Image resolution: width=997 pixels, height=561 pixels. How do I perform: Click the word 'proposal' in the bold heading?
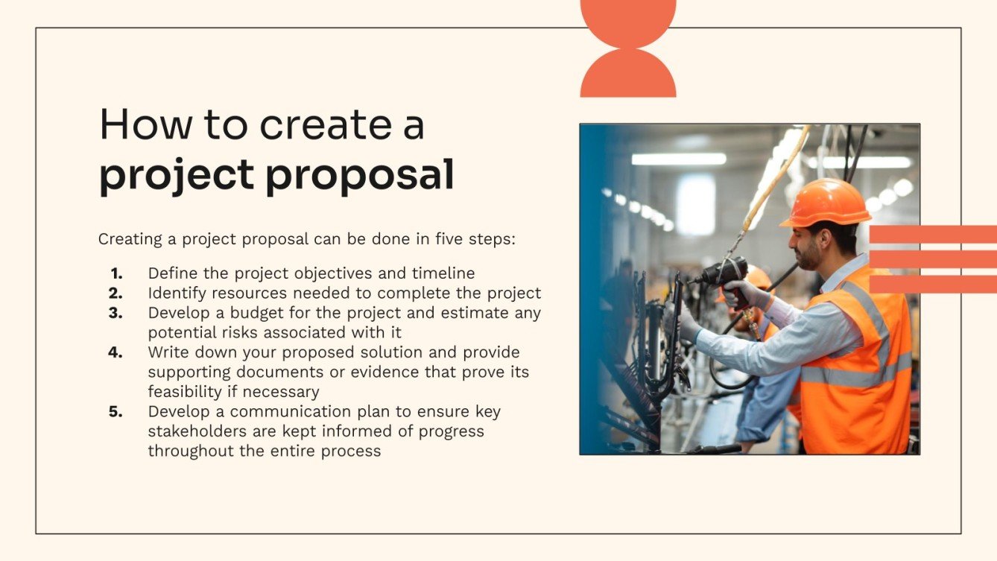coord(360,176)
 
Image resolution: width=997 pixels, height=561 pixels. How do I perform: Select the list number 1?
coord(116,273)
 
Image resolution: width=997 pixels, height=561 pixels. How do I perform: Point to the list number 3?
coord(115,313)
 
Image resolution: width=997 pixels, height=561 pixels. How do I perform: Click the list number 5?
coord(115,412)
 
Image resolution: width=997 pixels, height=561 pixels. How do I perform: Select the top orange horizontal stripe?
coord(933,234)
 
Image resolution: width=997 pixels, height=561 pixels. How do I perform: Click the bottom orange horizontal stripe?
coord(933,284)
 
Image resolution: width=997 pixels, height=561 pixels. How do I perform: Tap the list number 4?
coord(115,352)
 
